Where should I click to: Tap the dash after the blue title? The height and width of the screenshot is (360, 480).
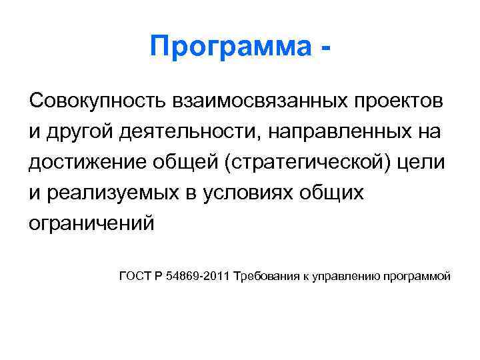tap(325, 48)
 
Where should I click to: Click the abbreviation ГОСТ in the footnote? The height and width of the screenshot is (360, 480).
tap(135, 276)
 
